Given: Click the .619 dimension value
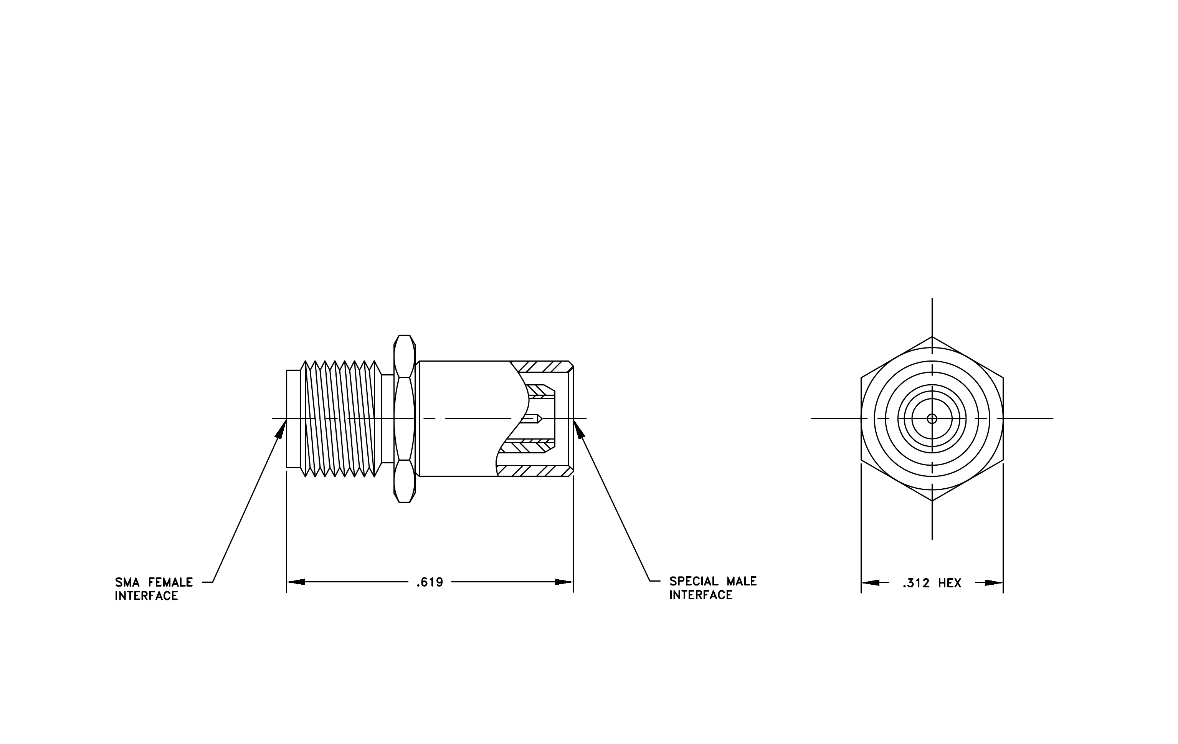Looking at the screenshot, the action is coord(430,582).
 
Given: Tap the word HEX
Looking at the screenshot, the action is coord(950,583).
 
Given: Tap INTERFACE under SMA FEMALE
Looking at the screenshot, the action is coord(146,596).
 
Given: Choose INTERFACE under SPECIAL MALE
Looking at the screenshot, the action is coord(701,595).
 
